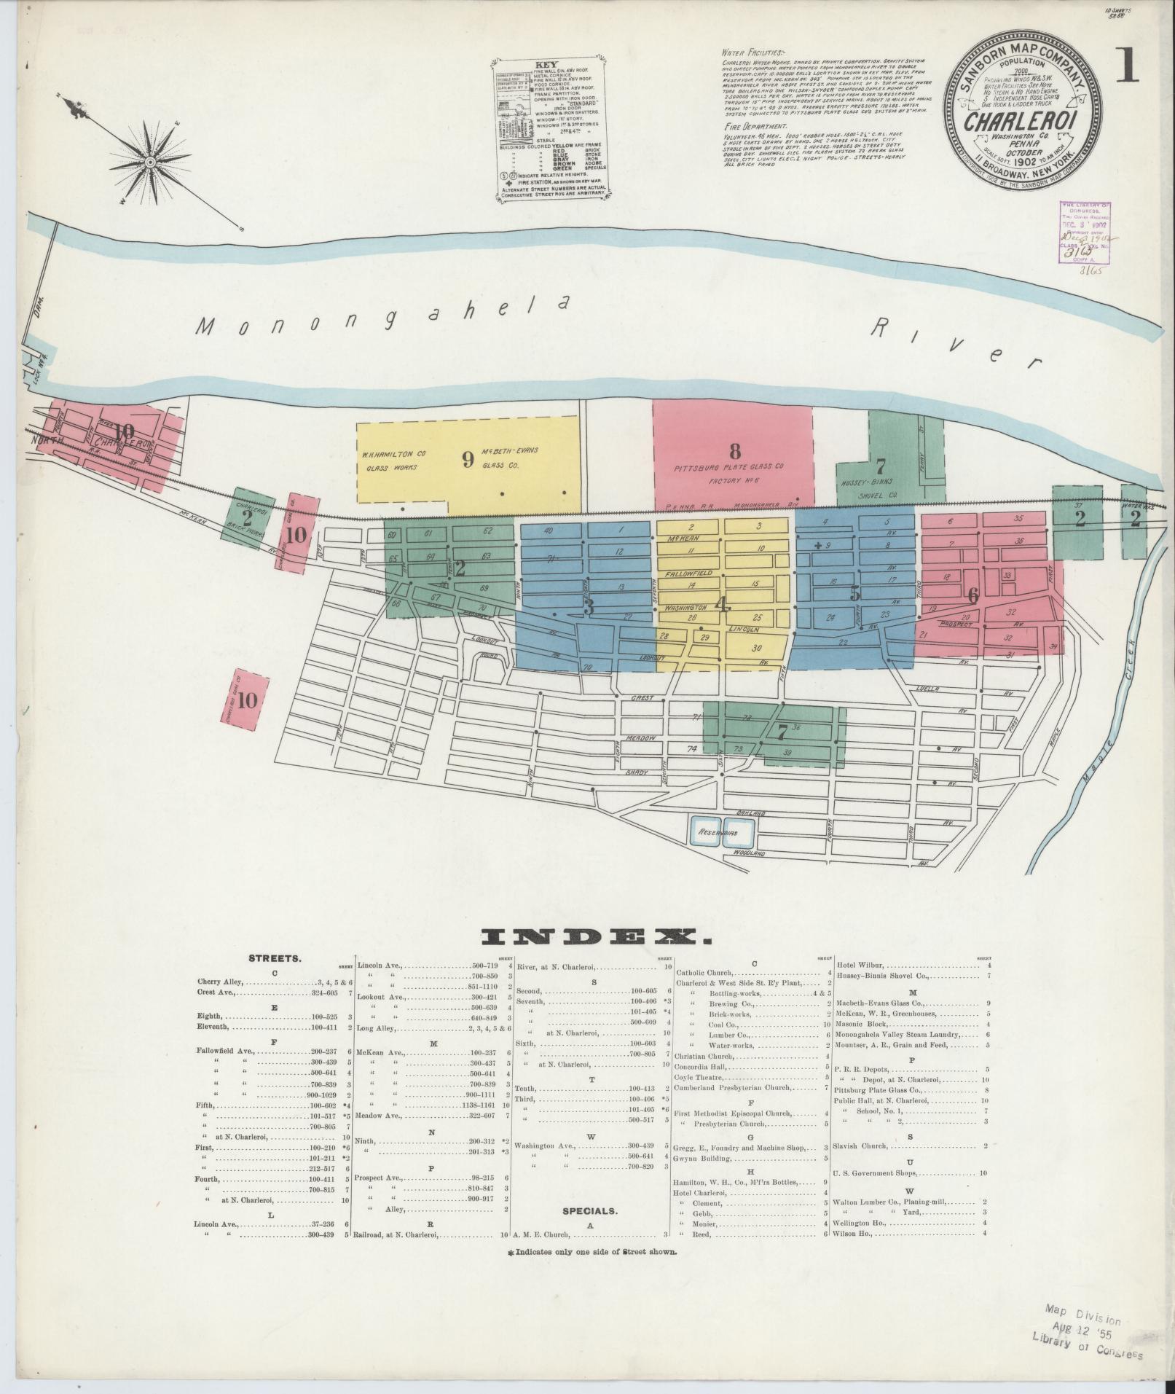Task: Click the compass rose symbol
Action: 149,161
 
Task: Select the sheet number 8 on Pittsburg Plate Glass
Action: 734,449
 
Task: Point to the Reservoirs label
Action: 718,831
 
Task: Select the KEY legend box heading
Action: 546,64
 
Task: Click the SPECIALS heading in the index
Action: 589,1210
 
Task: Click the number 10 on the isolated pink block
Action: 247,700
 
